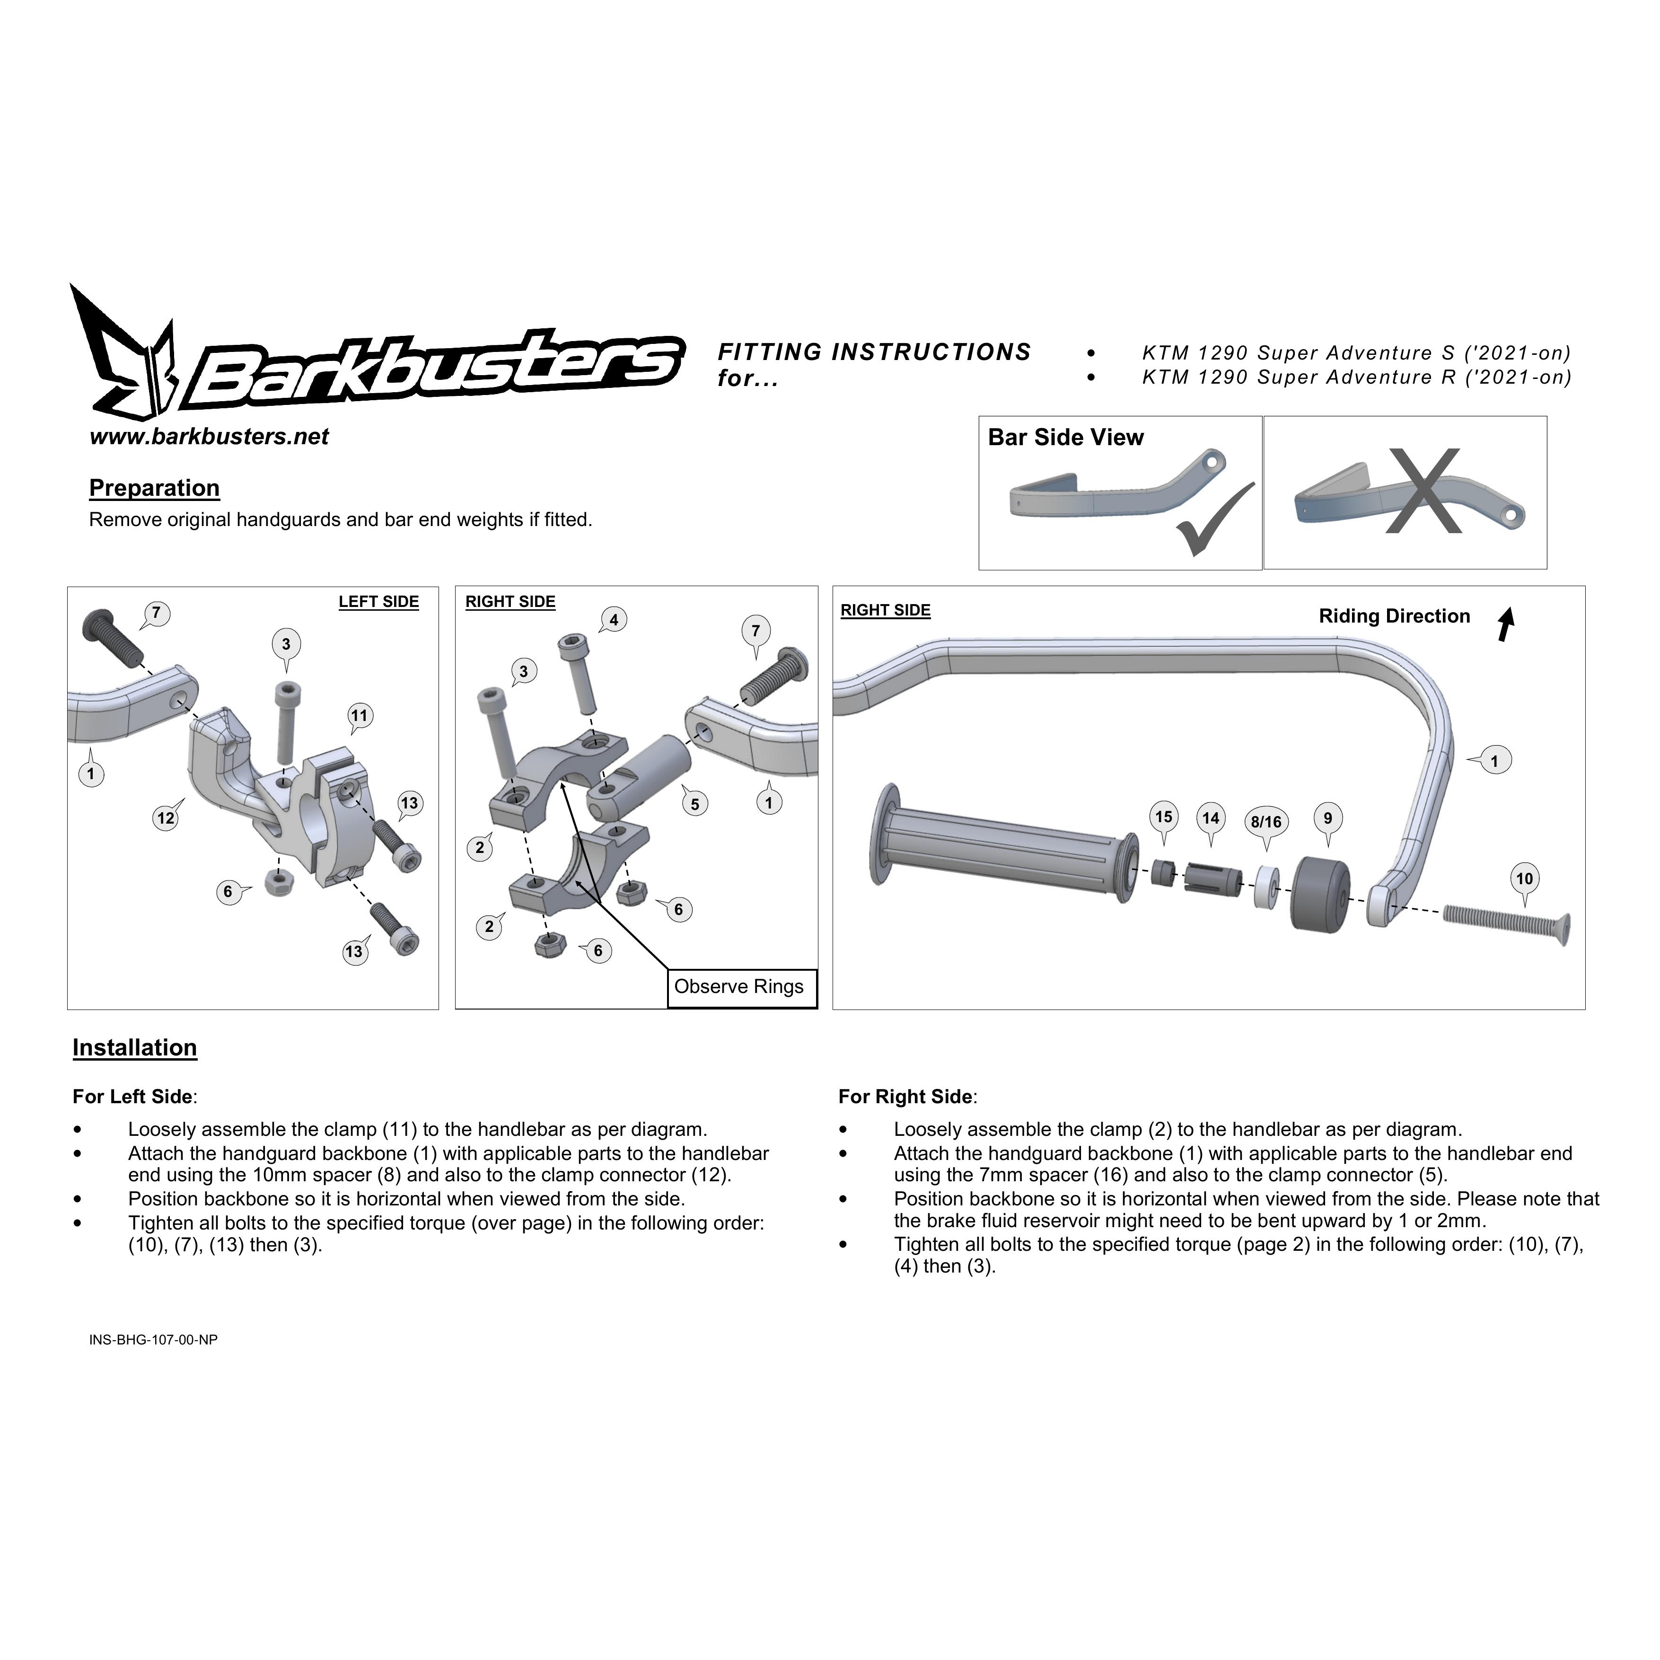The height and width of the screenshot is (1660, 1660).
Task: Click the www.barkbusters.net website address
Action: [209, 437]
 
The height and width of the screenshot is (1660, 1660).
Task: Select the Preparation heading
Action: [155, 489]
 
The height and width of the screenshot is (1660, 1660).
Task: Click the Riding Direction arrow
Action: [1505, 624]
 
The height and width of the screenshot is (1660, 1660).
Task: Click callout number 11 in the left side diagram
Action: [359, 716]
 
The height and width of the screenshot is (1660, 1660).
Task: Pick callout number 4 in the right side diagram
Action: [614, 620]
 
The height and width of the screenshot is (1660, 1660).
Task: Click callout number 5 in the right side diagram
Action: [695, 804]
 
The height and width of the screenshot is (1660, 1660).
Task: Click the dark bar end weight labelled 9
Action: [1321, 895]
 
